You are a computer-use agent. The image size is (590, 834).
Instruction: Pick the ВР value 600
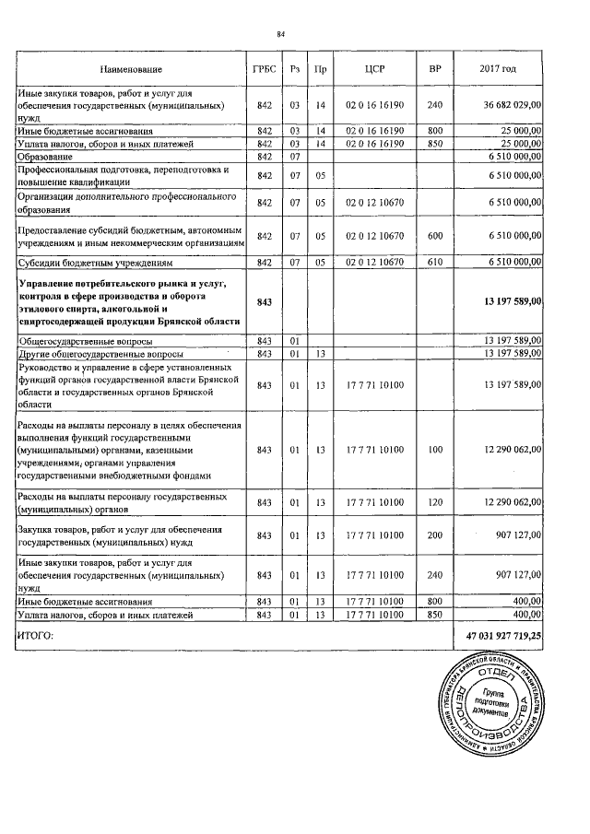(x=435, y=236)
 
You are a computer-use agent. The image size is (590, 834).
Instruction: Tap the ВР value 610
(x=435, y=263)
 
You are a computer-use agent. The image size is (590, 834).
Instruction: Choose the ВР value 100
(x=435, y=451)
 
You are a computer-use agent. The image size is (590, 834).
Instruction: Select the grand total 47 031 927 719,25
(x=503, y=636)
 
